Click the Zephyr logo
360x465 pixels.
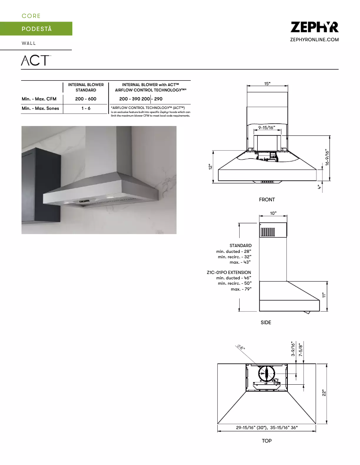(314, 27)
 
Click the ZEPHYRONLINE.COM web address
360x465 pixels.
(314, 40)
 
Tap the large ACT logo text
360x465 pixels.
(35, 60)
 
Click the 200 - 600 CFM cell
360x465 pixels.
(86, 99)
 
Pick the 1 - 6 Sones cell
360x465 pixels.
(86, 109)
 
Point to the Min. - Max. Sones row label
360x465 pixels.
(40, 109)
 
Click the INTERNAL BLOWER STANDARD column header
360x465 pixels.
(86, 87)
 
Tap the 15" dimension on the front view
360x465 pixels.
(267, 84)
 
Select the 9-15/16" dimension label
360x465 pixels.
(267, 128)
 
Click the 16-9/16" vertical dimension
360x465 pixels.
(328, 157)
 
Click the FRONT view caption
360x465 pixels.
(267, 200)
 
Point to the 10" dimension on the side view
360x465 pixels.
(273, 213)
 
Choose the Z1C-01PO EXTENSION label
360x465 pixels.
(229, 273)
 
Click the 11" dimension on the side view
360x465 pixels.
(323, 295)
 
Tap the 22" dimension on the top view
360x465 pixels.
(323, 392)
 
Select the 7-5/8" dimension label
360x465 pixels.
(301, 350)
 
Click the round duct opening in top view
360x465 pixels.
(267, 373)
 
